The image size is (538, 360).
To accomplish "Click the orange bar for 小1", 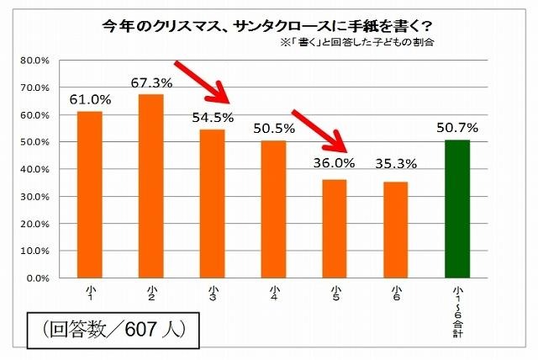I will coord(89,194).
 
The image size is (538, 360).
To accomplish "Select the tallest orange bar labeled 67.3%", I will coord(150,186).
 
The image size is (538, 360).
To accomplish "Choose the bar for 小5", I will coord(335,228).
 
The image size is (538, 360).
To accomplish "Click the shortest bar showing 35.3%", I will coord(396,230).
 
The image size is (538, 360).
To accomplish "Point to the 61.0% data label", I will coord(89,100).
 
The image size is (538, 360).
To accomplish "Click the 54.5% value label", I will coord(213,118).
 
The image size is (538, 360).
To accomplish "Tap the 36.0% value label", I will coord(335,163).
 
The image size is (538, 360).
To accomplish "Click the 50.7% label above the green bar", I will coord(457,128).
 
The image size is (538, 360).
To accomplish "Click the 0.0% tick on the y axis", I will coord(34,278).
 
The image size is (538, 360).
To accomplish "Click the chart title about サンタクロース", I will coord(269,24).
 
